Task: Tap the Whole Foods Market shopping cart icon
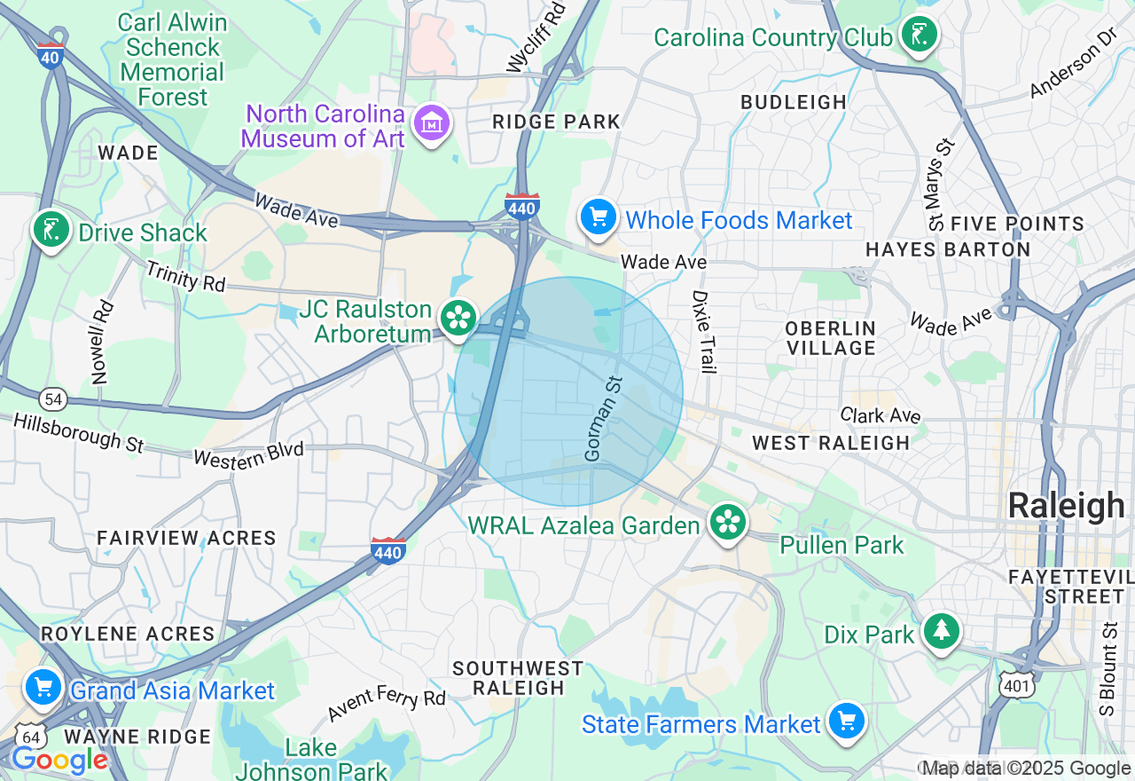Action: (599, 216)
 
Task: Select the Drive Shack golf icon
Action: (51, 230)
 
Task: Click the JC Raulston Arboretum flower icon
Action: (458, 318)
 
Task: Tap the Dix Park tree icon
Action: (941, 631)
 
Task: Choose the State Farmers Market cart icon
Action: (847, 721)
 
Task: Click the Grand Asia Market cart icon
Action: (43, 687)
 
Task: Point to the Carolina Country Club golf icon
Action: (919, 35)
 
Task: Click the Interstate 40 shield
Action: (51, 55)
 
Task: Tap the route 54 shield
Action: (54, 399)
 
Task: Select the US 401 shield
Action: (1014, 684)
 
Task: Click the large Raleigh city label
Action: (1066, 505)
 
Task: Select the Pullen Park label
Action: (841, 544)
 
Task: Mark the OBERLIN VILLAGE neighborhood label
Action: (830, 338)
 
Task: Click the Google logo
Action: (59, 760)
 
